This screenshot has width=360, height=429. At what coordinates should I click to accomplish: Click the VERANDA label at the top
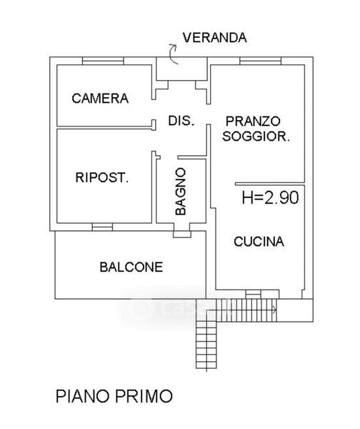click(214, 38)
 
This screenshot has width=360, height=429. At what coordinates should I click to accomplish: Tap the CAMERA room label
click(100, 99)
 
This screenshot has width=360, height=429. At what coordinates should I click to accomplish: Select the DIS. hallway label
click(181, 121)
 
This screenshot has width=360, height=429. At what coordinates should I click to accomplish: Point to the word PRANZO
click(253, 122)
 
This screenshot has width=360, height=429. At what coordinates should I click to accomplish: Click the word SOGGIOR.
click(256, 137)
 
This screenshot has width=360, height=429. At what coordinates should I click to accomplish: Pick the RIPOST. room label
click(102, 177)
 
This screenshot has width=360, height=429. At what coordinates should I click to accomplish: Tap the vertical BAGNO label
click(181, 192)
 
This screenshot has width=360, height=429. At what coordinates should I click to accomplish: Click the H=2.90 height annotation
click(270, 197)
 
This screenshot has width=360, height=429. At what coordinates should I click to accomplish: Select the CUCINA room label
click(259, 242)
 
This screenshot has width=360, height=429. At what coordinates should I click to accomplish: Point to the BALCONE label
click(131, 267)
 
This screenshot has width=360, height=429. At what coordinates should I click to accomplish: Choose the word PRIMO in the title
click(144, 396)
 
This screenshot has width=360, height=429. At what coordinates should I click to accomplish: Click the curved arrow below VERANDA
click(173, 54)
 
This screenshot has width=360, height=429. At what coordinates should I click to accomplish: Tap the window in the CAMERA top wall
click(103, 61)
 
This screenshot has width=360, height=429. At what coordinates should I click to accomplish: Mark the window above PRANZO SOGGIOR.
click(260, 61)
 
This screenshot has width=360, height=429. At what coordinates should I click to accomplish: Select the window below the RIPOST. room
click(102, 227)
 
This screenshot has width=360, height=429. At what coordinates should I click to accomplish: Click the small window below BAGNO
click(182, 235)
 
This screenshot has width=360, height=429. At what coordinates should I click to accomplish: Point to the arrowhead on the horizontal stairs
click(274, 310)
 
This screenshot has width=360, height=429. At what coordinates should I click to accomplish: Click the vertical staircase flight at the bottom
click(206, 345)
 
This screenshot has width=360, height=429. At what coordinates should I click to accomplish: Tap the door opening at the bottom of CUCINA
click(253, 295)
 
